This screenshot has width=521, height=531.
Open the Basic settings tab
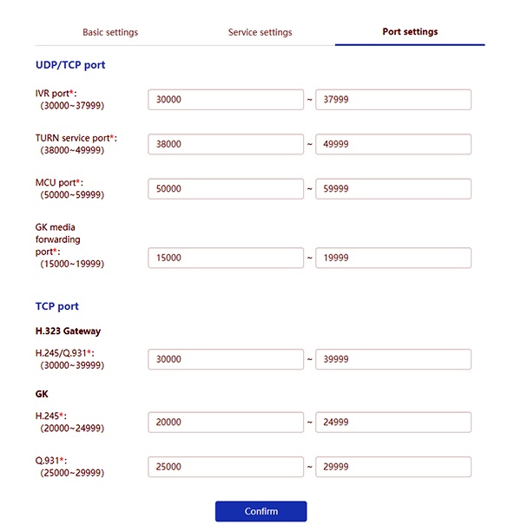point(110,32)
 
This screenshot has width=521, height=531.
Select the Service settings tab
point(260,32)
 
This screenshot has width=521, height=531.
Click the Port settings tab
point(410,32)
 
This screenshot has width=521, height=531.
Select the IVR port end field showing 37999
point(392,100)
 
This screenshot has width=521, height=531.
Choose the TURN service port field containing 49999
point(392,144)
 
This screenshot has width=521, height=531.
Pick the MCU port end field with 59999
point(392,189)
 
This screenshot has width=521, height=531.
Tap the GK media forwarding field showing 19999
point(392,258)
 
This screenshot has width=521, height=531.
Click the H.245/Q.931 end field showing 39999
point(392,359)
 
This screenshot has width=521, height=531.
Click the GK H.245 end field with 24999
point(392,423)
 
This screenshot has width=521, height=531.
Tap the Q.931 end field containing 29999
point(392,467)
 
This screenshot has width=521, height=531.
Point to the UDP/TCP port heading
point(70,65)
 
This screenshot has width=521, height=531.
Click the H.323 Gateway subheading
point(68,331)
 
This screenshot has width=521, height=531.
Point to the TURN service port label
point(75,138)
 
